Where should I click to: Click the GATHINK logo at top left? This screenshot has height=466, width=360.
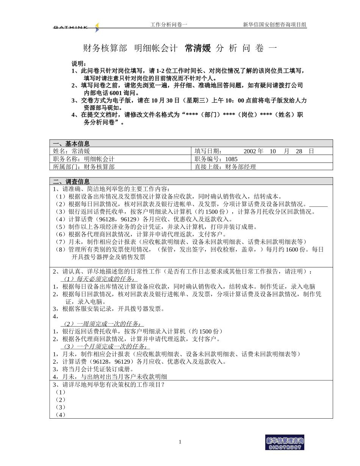tap(76, 27)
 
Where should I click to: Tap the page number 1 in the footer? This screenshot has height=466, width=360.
tap(180, 442)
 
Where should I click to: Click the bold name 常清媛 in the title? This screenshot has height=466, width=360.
tap(197, 48)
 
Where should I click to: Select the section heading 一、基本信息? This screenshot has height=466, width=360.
tap(71, 144)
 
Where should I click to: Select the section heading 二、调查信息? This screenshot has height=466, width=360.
tap(71, 181)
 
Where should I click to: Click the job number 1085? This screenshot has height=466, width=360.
tap(231, 159)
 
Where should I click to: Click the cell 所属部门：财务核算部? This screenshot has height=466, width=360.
tap(84, 167)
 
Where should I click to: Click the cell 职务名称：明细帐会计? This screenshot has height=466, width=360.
tap(84, 159)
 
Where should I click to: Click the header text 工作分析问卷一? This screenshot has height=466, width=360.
tap(169, 25)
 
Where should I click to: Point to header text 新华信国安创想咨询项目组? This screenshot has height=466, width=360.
tap(274, 25)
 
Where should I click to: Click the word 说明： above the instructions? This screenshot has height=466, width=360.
tap(79, 63)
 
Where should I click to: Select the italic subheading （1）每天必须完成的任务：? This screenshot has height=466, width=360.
tap(99, 279)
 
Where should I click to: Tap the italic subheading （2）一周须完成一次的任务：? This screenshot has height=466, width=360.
tap(102, 324)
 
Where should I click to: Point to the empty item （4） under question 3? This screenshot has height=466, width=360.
tap(61, 415)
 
